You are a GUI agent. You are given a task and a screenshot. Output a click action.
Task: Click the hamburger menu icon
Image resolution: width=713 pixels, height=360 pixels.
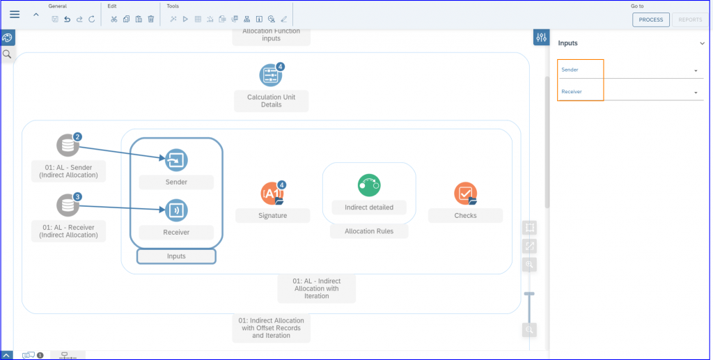[x=15, y=15]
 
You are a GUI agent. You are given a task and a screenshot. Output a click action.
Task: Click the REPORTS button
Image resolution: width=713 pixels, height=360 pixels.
[x=690, y=19]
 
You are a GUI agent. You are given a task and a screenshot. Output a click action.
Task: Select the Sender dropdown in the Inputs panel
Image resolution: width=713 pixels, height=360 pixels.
[x=631, y=70]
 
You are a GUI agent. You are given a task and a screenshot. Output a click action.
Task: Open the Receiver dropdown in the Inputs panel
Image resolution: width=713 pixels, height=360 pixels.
[x=631, y=92]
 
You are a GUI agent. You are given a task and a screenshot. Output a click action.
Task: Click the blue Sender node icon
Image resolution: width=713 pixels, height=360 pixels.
[x=176, y=160]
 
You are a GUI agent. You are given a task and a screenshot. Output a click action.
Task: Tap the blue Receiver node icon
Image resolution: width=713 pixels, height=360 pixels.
[x=176, y=210]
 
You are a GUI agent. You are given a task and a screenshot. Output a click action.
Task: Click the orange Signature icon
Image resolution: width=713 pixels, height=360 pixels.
[x=272, y=193]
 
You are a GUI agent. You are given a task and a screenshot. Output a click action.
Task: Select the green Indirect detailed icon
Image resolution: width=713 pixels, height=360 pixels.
[x=369, y=185]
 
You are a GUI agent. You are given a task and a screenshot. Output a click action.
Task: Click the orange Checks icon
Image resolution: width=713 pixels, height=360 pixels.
[x=466, y=194]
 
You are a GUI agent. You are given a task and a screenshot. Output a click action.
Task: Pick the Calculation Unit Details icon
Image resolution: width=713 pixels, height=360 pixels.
[x=271, y=75]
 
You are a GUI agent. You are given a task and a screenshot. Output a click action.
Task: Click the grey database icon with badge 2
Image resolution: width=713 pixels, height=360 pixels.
[x=68, y=145]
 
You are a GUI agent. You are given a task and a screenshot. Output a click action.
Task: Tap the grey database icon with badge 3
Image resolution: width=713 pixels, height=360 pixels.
[x=68, y=205]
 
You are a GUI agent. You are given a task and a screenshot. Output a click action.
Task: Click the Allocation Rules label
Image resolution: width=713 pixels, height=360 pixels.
[x=369, y=231]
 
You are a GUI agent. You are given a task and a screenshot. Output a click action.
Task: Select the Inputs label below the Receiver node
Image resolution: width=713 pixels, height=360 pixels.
[x=176, y=256]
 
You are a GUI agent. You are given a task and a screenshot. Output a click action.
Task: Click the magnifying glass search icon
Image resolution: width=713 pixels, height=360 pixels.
[x=7, y=54]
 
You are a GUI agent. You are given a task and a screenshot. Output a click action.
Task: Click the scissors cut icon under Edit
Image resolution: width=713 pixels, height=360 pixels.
[x=113, y=19]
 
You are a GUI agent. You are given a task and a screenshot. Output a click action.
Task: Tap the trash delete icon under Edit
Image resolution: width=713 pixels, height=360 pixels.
[x=151, y=19]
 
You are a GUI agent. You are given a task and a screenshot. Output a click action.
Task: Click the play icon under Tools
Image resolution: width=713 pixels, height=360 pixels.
[x=185, y=19]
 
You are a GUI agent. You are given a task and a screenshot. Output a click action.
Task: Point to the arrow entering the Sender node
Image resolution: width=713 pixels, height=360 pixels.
[x=122, y=152]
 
